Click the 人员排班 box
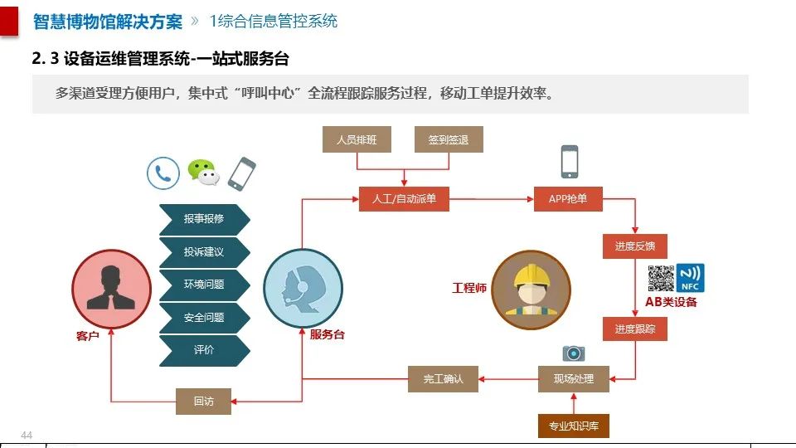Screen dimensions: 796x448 point(357,140)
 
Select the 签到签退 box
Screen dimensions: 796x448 point(449,140)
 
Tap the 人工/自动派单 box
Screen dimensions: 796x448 point(404,199)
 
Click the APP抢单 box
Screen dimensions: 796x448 point(569,199)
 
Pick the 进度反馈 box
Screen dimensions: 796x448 point(635,246)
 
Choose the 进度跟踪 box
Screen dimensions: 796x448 point(635,329)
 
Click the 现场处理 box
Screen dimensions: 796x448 point(574,379)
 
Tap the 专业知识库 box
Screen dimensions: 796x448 point(574,426)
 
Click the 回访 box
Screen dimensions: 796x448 point(204,402)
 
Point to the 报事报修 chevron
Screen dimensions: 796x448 point(204,219)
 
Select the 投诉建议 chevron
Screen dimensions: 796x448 point(204,251)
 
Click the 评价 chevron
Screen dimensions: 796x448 point(204,350)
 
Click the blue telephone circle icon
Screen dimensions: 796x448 point(163,174)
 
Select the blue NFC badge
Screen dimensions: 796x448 point(690,277)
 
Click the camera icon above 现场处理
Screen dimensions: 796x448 point(574,353)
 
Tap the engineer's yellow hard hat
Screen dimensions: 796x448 point(531,276)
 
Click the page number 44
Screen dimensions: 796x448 point(27,436)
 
